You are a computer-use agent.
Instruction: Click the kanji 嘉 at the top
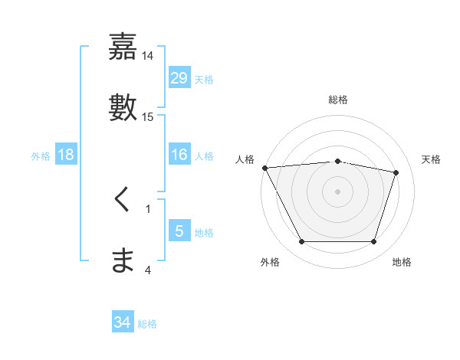[x=123, y=47]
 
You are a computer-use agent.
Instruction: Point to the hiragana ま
[x=123, y=260]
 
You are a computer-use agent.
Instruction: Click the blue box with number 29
[x=179, y=78]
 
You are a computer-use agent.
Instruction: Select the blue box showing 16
[x=179, y=155]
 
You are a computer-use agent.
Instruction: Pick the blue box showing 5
[x=179, y=231]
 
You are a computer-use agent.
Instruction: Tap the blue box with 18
[x=66, y=155]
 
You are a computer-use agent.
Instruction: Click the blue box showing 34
[x=123, y=323]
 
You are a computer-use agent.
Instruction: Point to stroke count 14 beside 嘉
[x=148, y=56]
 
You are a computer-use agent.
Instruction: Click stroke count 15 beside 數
[x=148, y=116]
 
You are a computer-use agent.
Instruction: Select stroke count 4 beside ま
[x=148, y=269]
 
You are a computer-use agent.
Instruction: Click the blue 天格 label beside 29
[x=204, y=80]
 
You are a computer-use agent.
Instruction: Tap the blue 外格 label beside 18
[x=41, y=156]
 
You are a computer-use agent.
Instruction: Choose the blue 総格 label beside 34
[x=147, y=325]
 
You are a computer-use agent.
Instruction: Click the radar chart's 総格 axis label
[x=338, y=100]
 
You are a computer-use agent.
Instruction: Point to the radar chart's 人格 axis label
[x=245, y=159]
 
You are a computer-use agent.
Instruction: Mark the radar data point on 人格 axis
[x=264, y=168]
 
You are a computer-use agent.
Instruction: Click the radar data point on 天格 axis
[x=396, y=173]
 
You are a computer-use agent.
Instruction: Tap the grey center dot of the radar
[x=338, y=191]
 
